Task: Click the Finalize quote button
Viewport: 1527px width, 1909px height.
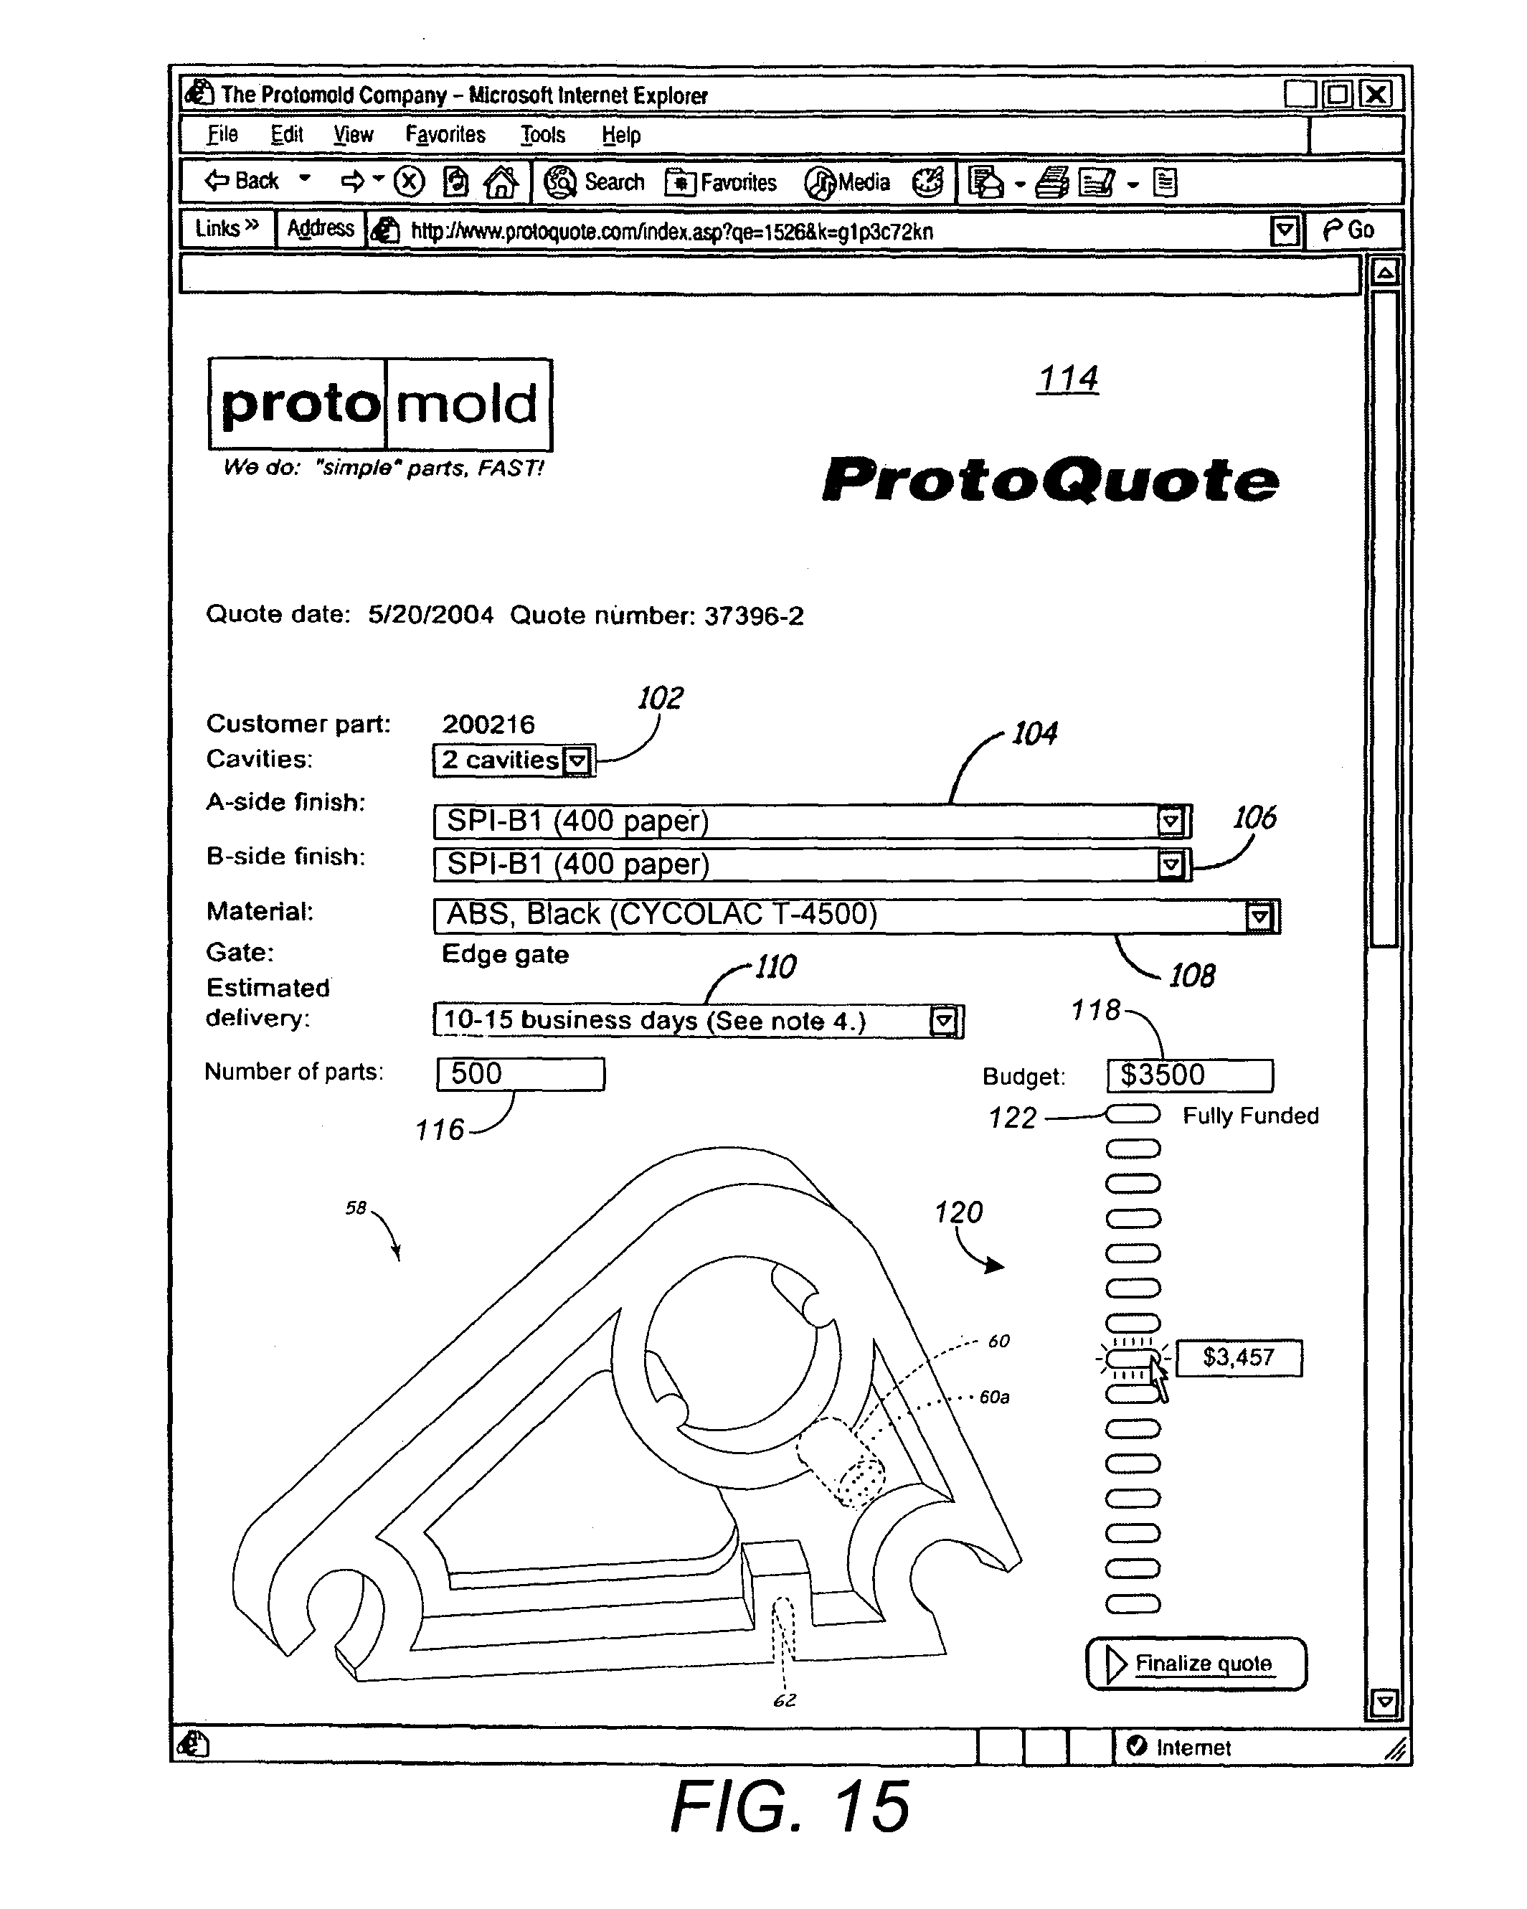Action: [1196, 1664]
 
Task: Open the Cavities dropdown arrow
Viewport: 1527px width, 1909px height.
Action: [577, 760]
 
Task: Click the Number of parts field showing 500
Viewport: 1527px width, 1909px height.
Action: [521, 1074]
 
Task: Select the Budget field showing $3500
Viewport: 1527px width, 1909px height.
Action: [1190, 1076]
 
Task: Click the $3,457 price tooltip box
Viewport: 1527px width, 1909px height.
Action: [1239, 1357]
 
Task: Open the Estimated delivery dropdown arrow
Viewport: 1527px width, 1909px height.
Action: [944, 1021]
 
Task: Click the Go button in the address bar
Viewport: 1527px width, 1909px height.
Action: [1350, 230]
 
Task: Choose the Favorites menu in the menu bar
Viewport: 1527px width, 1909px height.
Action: [445, 135]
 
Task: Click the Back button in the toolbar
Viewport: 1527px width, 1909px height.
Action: [243, 182]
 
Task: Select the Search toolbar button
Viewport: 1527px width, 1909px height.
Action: [595, 182]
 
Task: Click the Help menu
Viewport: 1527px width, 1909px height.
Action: [620, 135]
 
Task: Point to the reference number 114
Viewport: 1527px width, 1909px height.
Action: [1067, 379]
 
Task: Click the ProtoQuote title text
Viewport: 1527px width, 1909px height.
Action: [1051, 480]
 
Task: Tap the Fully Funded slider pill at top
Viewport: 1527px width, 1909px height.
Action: [1133, 1114]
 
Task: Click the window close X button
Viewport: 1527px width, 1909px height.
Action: [1376, 94]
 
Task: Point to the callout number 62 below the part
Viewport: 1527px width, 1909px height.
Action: [785, 1700]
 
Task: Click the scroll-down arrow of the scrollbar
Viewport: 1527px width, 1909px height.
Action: [1384, 1701]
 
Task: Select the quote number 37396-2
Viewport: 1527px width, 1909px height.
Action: [753, 616]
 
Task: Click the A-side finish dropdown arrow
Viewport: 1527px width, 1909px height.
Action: [1171, 821]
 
